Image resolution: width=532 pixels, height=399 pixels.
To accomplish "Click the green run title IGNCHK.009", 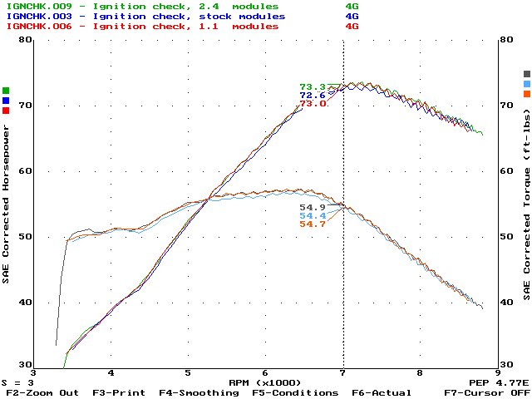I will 32,6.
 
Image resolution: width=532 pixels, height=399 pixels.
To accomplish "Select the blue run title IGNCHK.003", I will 32,16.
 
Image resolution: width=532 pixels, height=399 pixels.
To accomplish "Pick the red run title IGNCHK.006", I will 32,26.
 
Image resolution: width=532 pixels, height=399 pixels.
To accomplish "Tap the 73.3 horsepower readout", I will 313,87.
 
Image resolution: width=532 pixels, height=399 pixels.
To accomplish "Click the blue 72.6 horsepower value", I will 313,96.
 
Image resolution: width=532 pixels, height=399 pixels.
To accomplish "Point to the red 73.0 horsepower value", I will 313,104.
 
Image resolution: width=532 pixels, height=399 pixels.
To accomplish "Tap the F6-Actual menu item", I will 381,392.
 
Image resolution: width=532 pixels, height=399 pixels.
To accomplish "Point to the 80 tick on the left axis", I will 25,40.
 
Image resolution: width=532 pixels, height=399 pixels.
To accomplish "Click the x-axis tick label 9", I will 497,374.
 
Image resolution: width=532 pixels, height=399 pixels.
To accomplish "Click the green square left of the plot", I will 6,91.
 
